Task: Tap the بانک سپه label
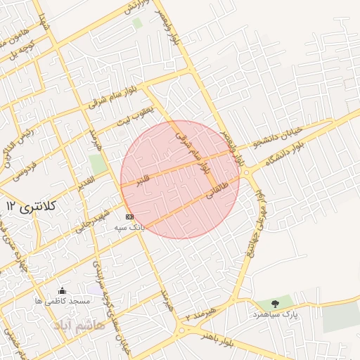[130, 228]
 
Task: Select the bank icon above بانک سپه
[129, 217]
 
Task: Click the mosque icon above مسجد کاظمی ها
[62, 291]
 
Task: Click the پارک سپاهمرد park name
[276, 314]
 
